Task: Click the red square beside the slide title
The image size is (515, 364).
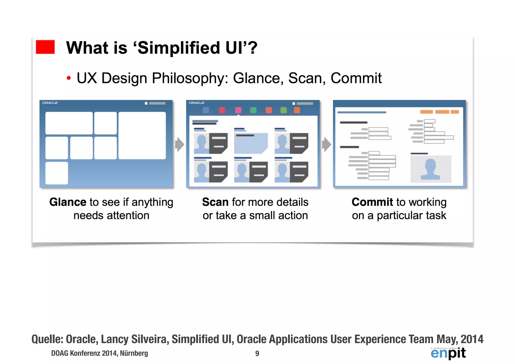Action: [45, 47]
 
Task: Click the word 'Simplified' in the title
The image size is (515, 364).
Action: [179, 48]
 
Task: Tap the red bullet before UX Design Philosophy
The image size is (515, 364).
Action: [69, 78]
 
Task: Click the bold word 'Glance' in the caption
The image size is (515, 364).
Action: [68, 202]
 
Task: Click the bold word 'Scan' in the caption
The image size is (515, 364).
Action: [215, 202]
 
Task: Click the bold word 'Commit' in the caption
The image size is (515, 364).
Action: [372, 202]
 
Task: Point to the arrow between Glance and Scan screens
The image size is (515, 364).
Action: [180, 144]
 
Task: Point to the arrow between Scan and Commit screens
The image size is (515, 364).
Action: [326, 144]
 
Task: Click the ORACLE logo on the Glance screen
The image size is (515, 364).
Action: [50, 103]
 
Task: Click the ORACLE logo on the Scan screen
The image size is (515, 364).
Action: [197, 103]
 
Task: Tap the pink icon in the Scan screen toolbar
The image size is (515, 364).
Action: [238, 110]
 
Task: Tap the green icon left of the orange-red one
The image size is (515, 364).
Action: [253, 110]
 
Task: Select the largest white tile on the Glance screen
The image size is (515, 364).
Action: [142, 135]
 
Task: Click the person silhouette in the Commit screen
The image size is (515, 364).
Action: [430, 169]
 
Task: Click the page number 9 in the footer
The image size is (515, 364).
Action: [257, 353]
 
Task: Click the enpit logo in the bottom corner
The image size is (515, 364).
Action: [448, 353]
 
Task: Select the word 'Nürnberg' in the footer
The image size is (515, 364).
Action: [134, 353]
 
